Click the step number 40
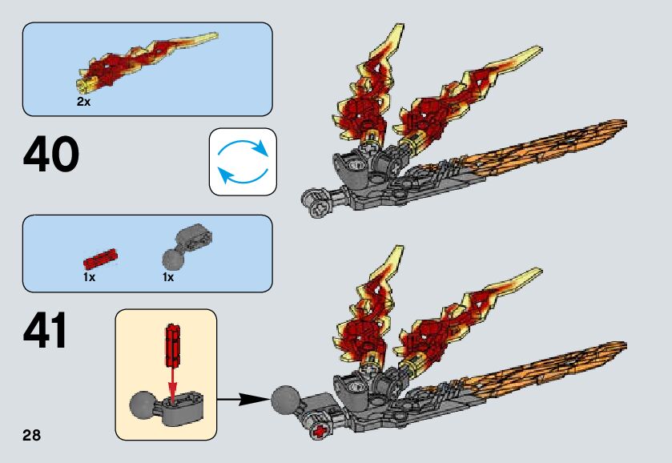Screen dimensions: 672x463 (52, 155)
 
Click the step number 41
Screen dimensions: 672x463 (46, 332)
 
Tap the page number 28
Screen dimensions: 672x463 (31, 436)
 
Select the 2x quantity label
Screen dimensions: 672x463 (84, 103)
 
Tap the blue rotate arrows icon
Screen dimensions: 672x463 (242, 161)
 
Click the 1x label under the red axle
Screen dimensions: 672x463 (89, 277)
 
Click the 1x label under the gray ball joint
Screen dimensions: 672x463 (167, 277)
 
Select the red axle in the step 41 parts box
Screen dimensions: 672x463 (100, 258)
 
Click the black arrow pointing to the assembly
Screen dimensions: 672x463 (243, 397)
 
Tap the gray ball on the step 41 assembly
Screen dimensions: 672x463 (286, 400)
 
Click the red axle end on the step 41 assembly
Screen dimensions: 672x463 (322, 433)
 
